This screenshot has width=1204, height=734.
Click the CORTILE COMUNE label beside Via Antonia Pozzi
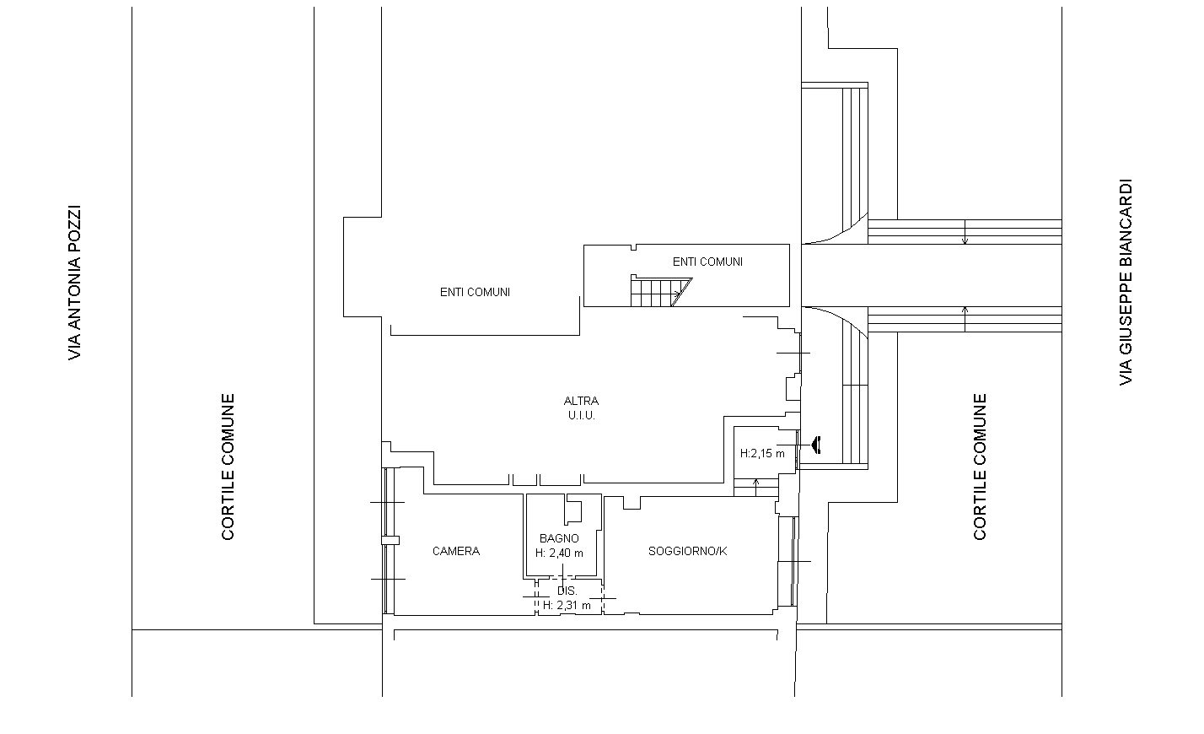pyautogui.click(x=228, y=467)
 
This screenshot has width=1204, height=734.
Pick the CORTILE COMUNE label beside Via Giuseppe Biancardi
pyautogui.click(x=980, y=467)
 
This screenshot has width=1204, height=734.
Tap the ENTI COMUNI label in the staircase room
pyautogui.click(x=707, y=262)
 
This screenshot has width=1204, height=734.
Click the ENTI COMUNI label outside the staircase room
pyautogui.click(x=475, y=292)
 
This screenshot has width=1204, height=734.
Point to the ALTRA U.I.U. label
pyautogui.click(x=581, y=408)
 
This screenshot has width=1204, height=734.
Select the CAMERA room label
pyautogui.click(x=456, y=551)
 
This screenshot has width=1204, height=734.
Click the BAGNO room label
pyautogui.click(x=559, y=538)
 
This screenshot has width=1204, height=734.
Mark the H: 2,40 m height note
pyautogui.click(x=559, y=553)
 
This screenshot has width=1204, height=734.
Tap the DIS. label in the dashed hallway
pyautogui.click(x=567, y=591)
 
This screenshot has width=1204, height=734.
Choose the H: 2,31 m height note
pyautogui.click(x=567, y=605)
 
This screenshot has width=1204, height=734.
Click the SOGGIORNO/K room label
pyautogui.click(x=687, y=551)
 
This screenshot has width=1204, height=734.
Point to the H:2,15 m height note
pyautogui.click(x=762, y=453)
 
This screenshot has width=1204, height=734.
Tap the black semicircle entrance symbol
pyautogui.click(x=815, y=444)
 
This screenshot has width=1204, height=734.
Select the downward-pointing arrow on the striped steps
pyautogui.click(x=965, y=234)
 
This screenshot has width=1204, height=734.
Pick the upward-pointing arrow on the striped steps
pyautogui.click(x=965, y=318)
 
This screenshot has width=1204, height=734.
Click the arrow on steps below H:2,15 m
pyautogui.click(x=756, y=485)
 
